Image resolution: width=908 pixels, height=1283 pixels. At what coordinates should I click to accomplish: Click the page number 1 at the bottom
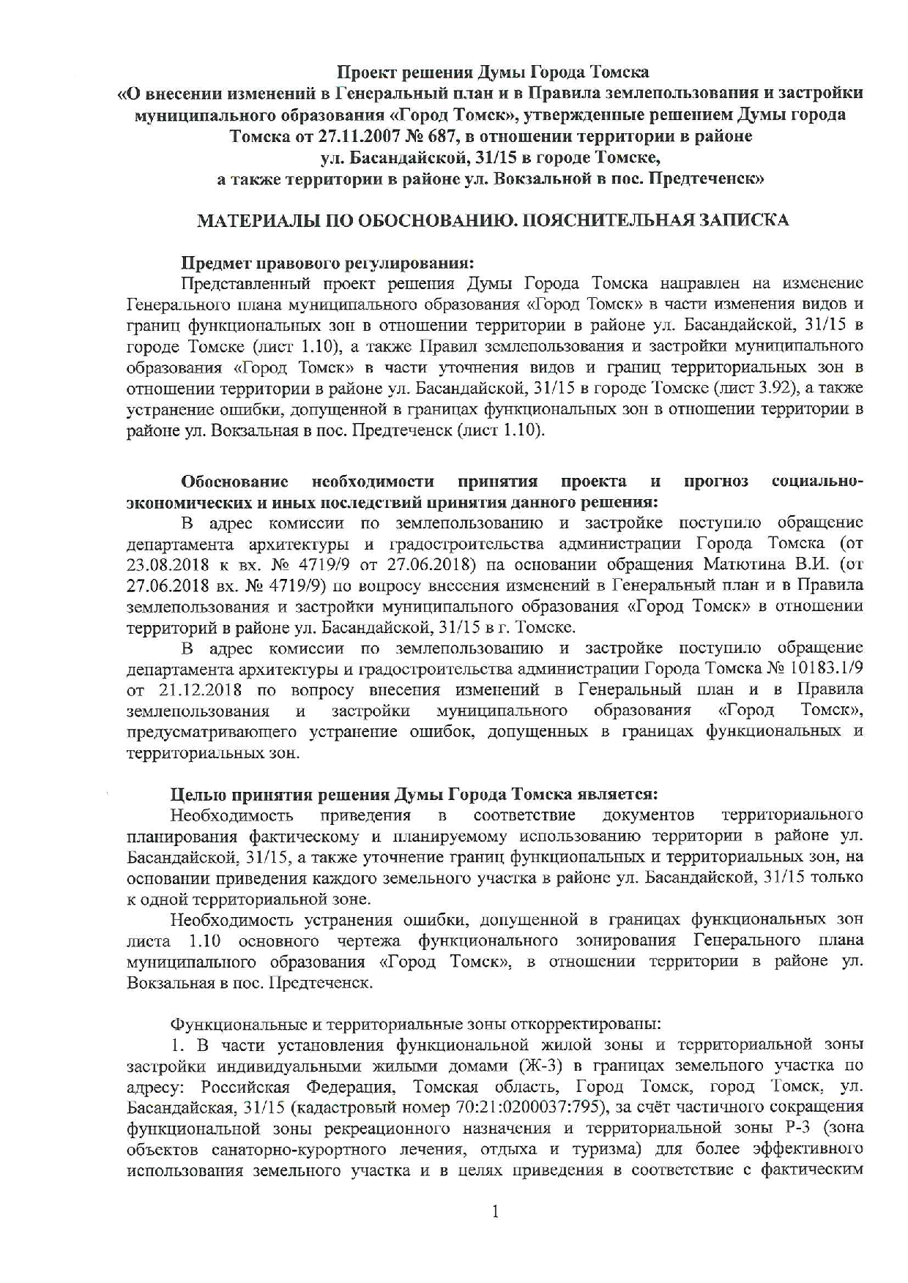(x=495, y=1213)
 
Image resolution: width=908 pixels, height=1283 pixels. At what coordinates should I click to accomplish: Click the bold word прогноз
(x=715, y=482)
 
